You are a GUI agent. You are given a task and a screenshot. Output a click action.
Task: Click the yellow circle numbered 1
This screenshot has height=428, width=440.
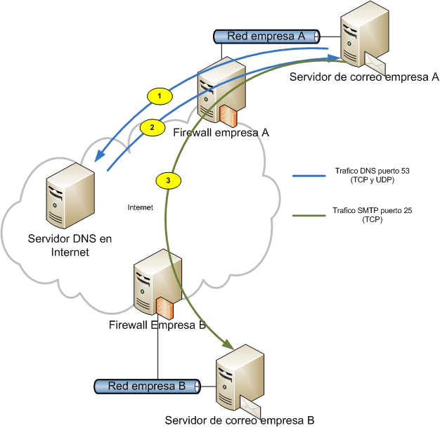point(160,94)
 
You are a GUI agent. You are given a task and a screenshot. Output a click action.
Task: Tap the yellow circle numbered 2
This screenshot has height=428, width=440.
point(151,127)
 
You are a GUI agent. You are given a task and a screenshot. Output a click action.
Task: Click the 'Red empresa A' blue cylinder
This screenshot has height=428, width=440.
point(266,37)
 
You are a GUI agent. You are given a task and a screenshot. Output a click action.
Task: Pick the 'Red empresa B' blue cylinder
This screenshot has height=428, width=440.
point(147,386)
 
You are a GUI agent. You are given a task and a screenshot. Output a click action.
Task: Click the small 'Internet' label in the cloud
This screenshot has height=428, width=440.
point(141,208)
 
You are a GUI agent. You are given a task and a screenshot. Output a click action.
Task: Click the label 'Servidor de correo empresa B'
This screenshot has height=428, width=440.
point(239,420)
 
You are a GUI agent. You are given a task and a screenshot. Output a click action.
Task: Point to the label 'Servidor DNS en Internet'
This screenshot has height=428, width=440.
point(69,246)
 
